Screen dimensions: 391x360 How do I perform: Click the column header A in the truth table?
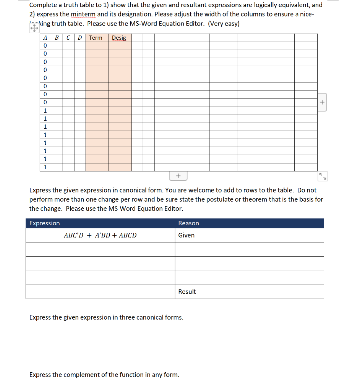click(x=45, y=37)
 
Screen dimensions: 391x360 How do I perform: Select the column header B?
click(x=57, y=37)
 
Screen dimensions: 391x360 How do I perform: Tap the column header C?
click(x=68, y=37)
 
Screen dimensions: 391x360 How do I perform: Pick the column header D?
click(x=79, y=37)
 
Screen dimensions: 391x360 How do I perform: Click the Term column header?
click(x=96, y=37)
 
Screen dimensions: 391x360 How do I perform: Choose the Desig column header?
click(x=119, y=37)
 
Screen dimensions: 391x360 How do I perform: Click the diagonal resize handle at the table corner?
click(x=323, y=176)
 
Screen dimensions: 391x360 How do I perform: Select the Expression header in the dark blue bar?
click(x=45, y=223)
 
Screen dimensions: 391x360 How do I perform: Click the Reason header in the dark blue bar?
click(x=188, y=223)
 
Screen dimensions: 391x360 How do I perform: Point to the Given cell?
click(x=186, y=235)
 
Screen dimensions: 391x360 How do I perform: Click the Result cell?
click(x=187, y=291)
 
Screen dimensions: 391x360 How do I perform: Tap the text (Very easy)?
click(x=224, y=24)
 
